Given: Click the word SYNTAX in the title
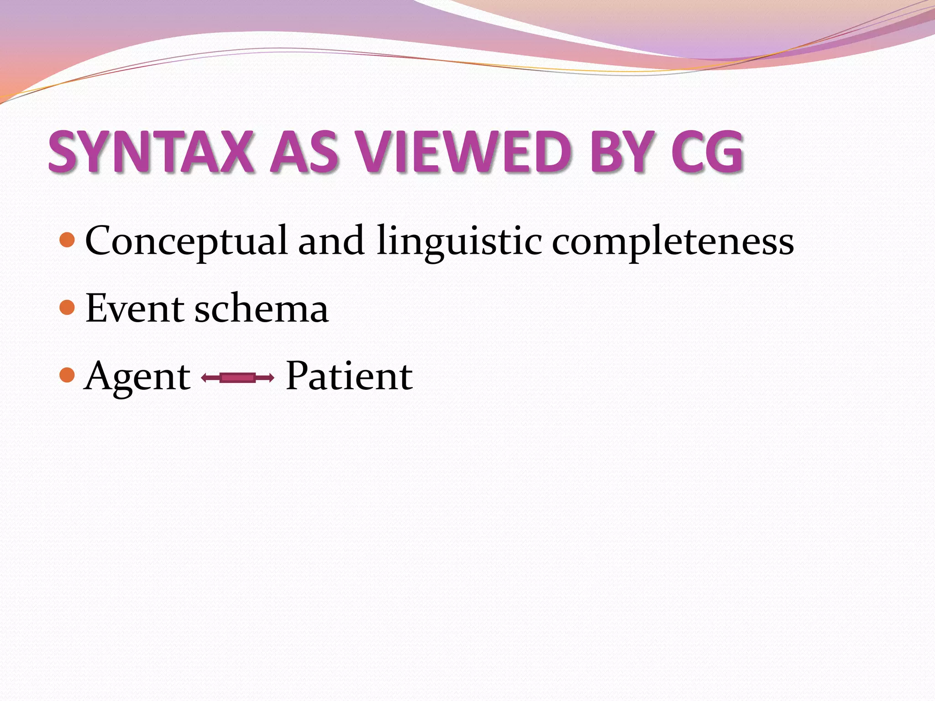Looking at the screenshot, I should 151,152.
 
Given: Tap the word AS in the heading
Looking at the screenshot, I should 304,152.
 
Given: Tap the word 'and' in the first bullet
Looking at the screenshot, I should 331,241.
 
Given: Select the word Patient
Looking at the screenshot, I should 349,376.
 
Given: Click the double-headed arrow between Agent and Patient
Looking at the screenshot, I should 238,377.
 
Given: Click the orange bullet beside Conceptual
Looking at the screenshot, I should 67,240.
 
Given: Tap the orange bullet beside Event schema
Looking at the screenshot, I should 67,307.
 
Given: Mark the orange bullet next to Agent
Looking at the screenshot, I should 67,375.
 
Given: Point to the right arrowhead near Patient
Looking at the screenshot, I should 271,377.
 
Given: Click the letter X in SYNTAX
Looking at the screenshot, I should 235,152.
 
